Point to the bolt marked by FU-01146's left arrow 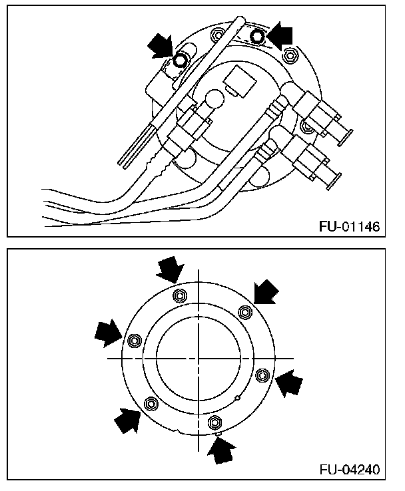click(x=179, y=61)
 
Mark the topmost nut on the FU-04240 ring click(x=178, y=295)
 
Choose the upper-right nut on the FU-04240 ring click(x=244, y=311)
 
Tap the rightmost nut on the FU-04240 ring click(x=262, y=374)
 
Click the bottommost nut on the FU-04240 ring click(x=214, y=421)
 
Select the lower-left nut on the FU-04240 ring click(x=150, y=403)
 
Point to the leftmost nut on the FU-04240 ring click(x=133, y=340)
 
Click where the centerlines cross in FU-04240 click(x=198, y=358)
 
